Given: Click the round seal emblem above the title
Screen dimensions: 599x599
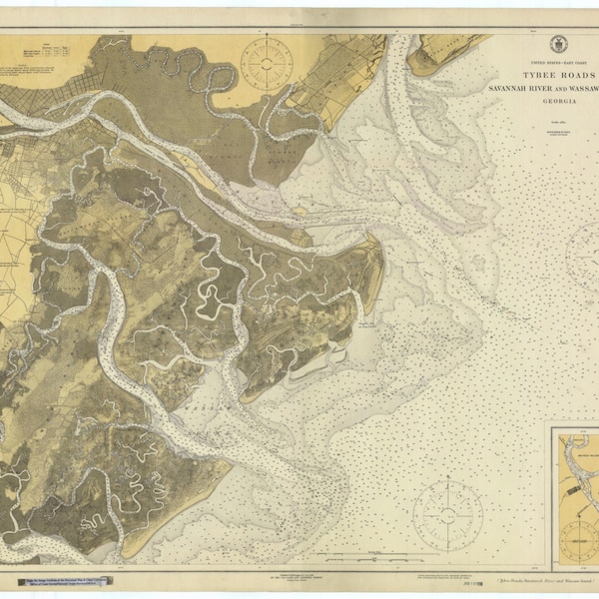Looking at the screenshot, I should pyautogui.click(x=557, y=44).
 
